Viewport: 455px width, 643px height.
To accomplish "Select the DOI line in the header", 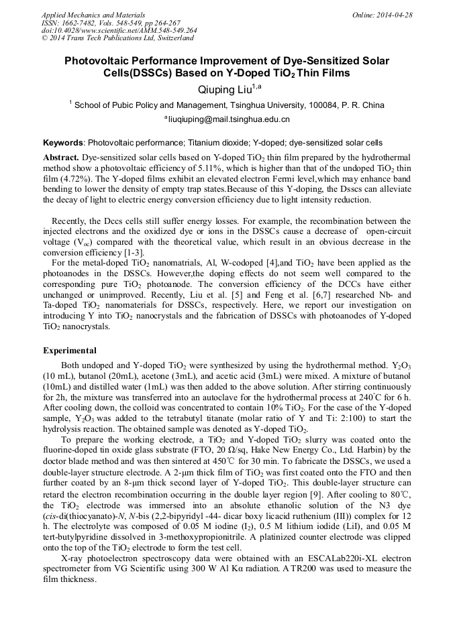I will coord(119,30).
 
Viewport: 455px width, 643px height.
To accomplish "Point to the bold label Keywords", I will coord(63,143).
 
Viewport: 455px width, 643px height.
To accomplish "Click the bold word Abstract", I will coord(61,156).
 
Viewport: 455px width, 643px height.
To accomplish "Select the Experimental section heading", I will coord(69,351).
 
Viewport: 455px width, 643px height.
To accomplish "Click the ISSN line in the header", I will coord(111,23).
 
